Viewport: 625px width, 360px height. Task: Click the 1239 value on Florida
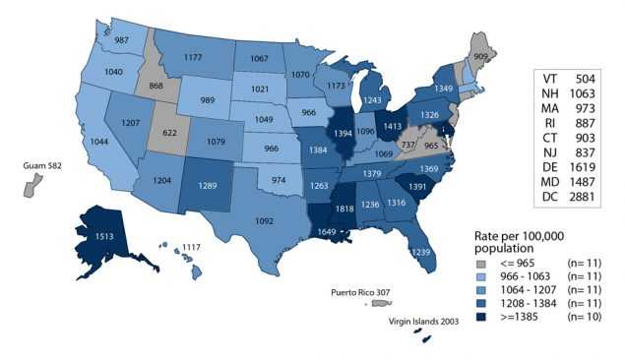coord(421,253)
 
